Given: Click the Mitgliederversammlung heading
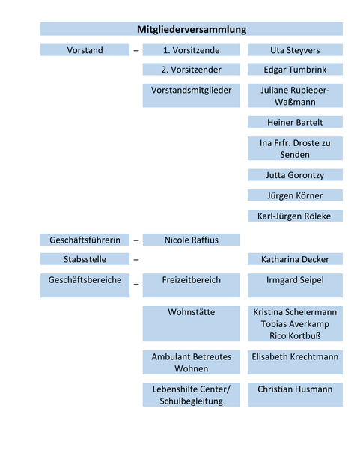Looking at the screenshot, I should click(x=192, y=29).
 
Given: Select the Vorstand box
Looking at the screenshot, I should click(x=85, y=50).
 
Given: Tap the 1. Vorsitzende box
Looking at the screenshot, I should click(x=191, y=50).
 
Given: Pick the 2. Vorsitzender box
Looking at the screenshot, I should click(x=191, y=69).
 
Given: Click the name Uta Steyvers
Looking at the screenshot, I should click(x=295, y=50).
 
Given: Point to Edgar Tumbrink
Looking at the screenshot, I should click(x=295, y=69).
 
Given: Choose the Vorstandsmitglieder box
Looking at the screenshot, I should click(x=191, y=90).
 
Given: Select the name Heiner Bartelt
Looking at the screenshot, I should click(x=295, y=122).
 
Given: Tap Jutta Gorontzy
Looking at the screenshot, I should click(x=295, y=175).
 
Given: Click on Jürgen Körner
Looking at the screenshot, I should click(x=295, y=195).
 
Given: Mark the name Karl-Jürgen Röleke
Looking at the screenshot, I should click(x=295, y=216).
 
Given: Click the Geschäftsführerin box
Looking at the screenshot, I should click(x=85, y=240).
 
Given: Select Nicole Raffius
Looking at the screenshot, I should click(x=191, y=240).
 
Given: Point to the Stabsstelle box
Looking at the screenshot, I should click(x=85, y=259).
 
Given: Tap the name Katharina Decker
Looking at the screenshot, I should click(x=295, y=259).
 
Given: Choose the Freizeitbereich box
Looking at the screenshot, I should click(x=191, y=280).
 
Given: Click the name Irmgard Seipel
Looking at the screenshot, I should click(x=295, y=280).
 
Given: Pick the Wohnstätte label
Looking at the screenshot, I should click(x=191, y=311).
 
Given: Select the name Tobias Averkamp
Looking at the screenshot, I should click(x=295, y=323).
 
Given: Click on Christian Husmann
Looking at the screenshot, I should click(x=295, y=389).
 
